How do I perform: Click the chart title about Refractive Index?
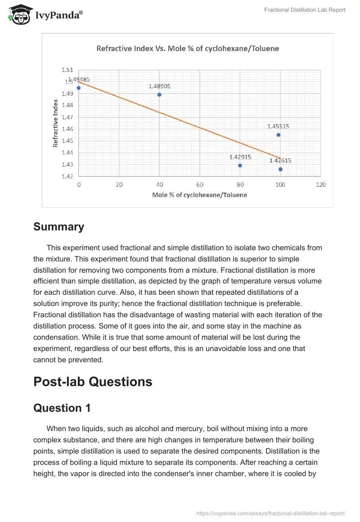click(x=188, y=49)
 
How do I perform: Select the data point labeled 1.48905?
click(x=159, y=94)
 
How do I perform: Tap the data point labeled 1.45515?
click(x=278, y=135)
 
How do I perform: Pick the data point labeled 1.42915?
click(x=240, y=166)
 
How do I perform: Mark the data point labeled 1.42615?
click(x=280, y=169)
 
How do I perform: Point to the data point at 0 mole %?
click(x=79, y=88)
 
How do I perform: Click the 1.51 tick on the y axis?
click(x=67, y=70)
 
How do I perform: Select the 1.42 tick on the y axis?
click(x=67, y=176)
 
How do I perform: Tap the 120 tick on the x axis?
click(x=320, y=185)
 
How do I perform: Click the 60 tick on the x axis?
click(x=200, y=185)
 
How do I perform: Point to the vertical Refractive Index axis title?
click(x=56, y=123)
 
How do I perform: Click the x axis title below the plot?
click(x=199, y=195)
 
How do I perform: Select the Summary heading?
click(x=58, y=227)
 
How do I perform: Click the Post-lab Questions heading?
click(x=93, y=382)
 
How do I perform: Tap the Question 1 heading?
click(x=62, y=408)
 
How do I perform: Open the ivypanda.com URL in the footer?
click(x=271, y=513)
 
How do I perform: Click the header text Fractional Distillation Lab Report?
click(x=304, y=10)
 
